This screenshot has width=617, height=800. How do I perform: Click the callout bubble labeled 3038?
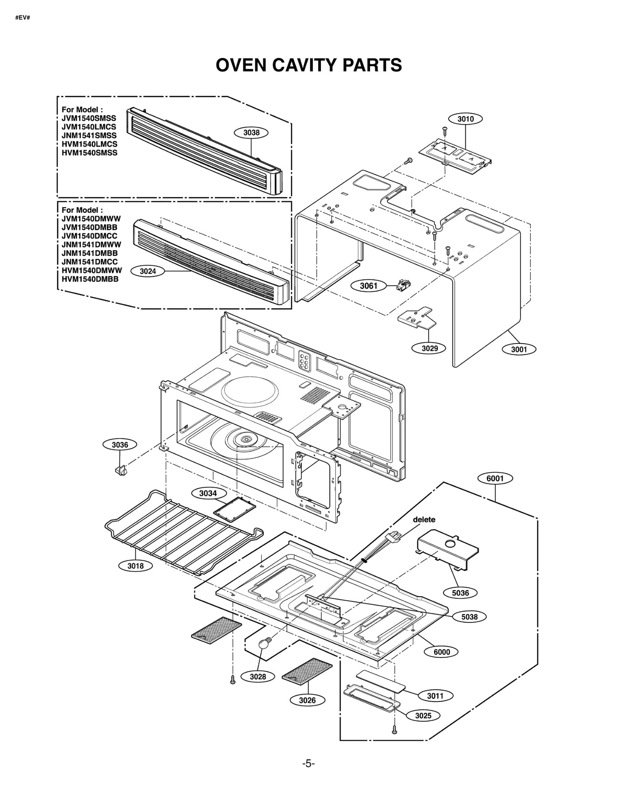pyautogui.click(x=251, y=133)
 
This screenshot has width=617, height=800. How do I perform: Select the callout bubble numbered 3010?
pyautogui.click(x=465, y=119)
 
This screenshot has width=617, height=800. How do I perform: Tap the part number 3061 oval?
pyautogui.click(x=368, y=286)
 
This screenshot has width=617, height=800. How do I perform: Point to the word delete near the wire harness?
pyautogui.click(x=424, y=519)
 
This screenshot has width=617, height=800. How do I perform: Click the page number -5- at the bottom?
pyautogui.click(x=308, y=764)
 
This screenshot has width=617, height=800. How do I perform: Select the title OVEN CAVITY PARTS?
pyautogui.click(x=308, y=65)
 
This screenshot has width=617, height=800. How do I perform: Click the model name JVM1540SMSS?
pyautogui.click(x=89, y=118)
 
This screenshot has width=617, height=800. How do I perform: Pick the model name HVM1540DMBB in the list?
pyautogui.click(x=90, y=279)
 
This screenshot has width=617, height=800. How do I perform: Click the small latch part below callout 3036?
pyautogui.click(x=121, y=470)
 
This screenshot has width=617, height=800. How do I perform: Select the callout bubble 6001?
pyautogui.click(x=495, y=479)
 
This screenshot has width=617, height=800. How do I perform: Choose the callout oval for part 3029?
pyautogui.click(x=429, y=348)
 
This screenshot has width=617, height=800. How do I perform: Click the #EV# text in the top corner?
pyautogui.click(x=22, y=18)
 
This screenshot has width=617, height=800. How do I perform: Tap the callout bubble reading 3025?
pyautogui.click(x=423, y=716)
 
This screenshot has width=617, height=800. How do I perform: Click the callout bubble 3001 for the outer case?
pyautogui.click(x=519, y=350)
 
